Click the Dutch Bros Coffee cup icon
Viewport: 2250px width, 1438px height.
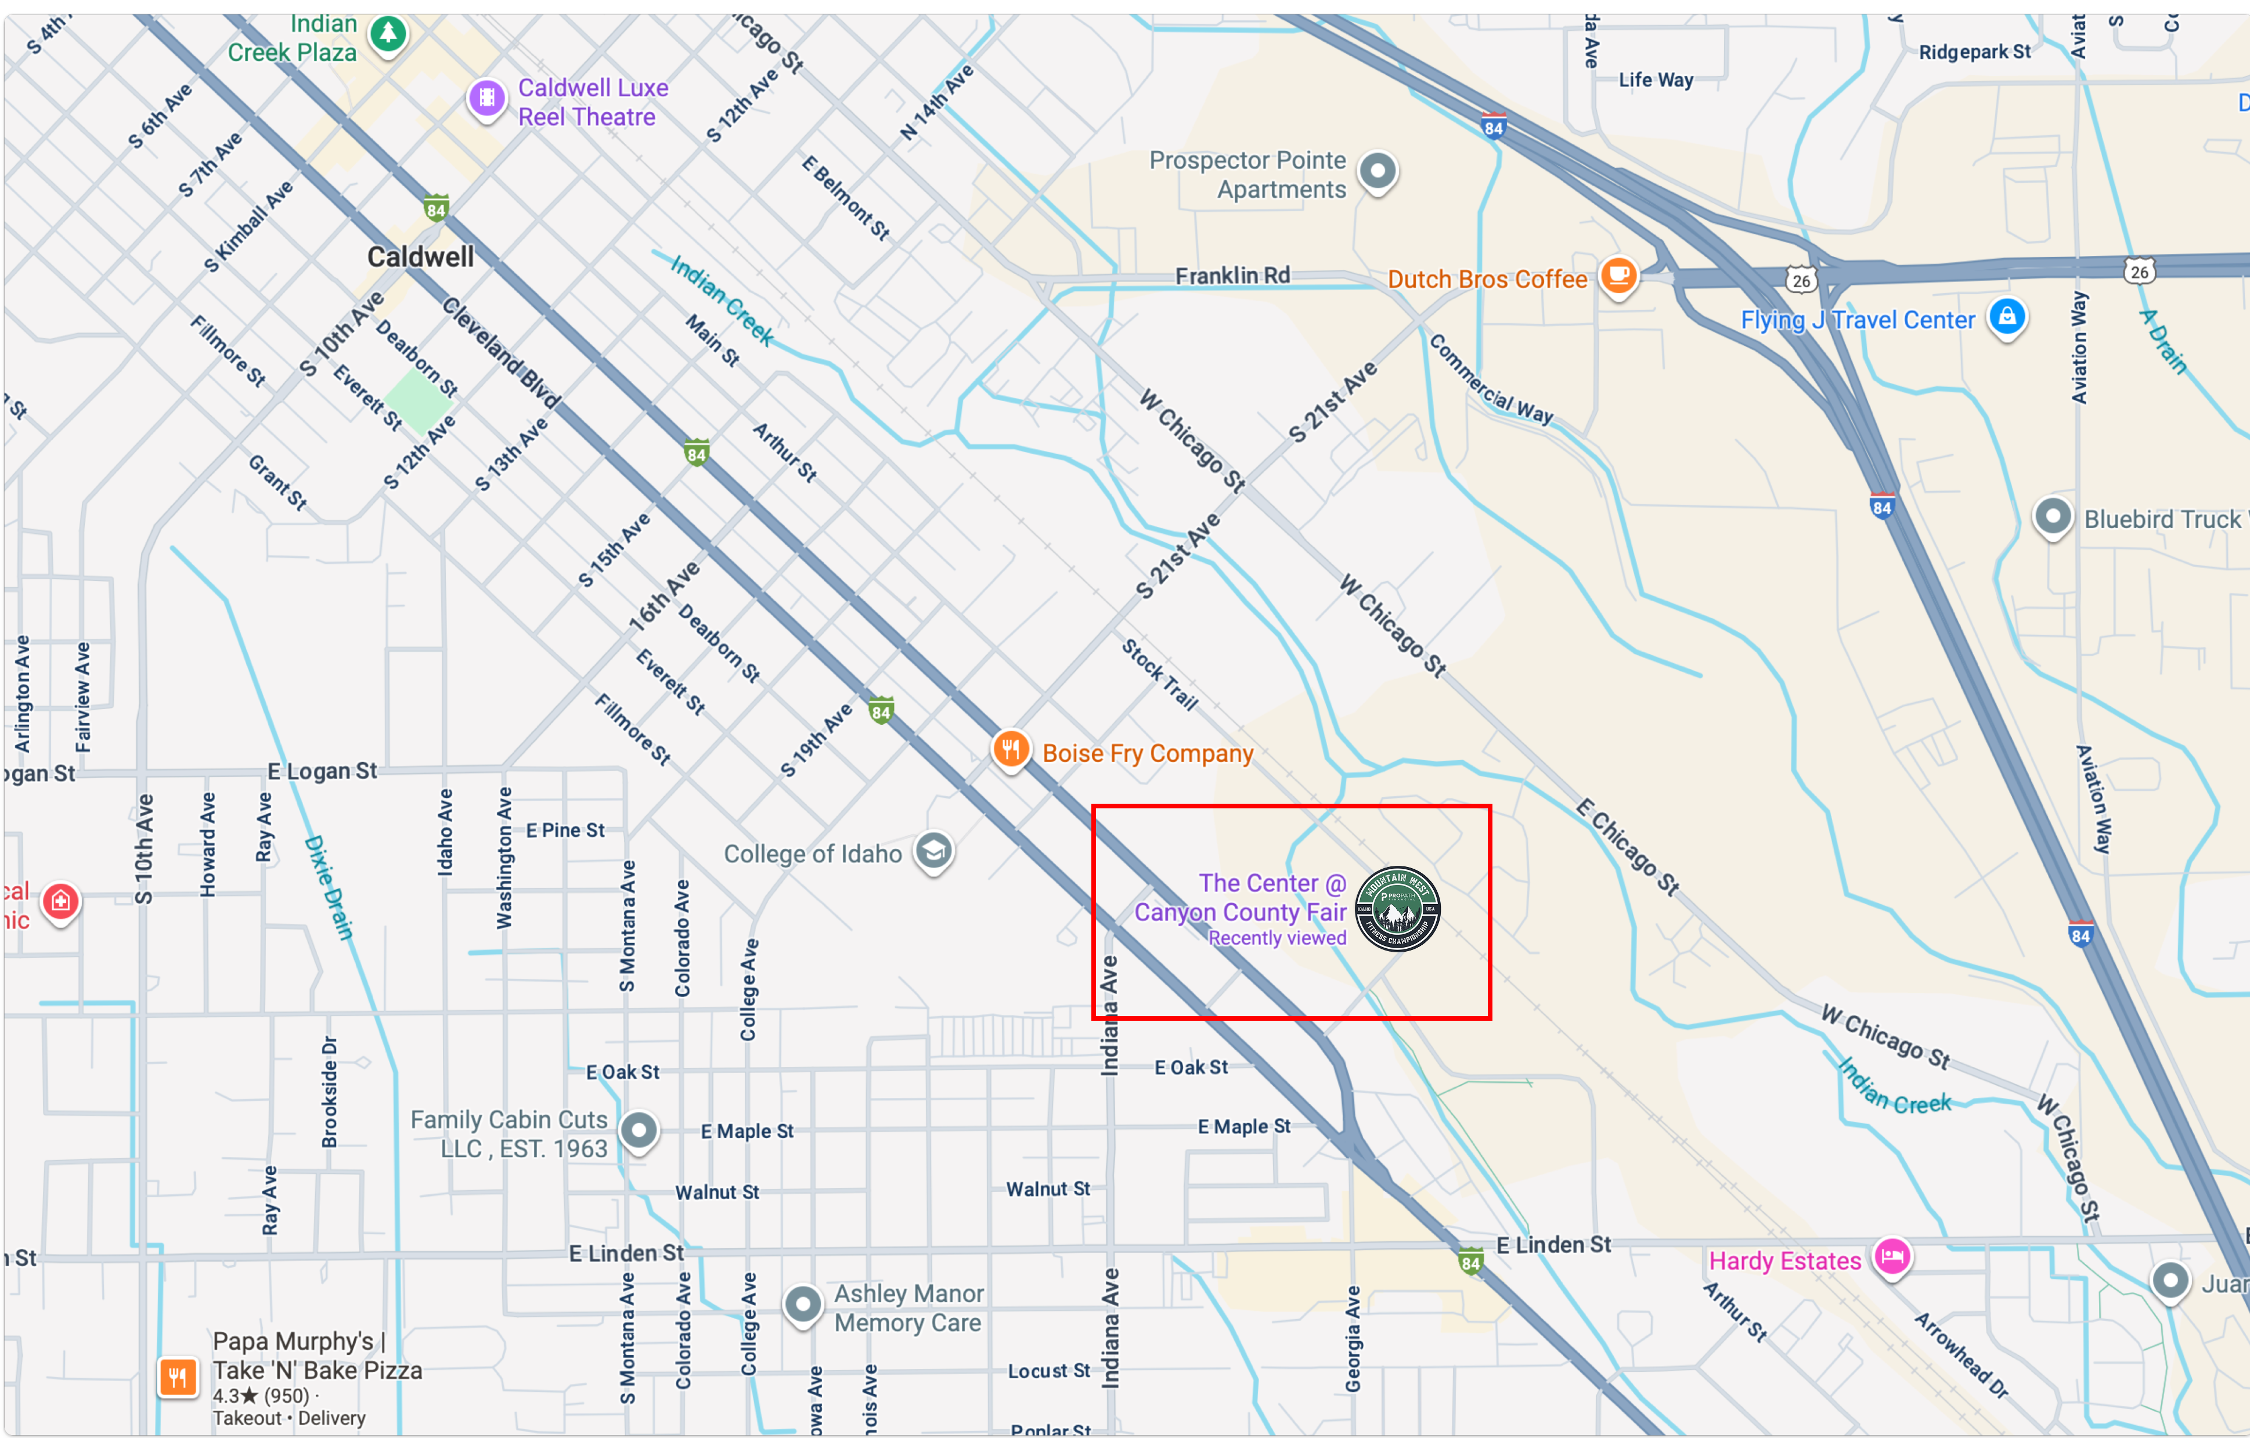(1618, 276)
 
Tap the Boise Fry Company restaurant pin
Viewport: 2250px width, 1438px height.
(1010, 749)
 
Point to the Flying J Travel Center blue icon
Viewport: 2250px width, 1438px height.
(2006, 317)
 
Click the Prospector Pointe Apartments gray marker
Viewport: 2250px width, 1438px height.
(1378, 172)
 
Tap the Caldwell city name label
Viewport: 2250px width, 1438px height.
(420, 257)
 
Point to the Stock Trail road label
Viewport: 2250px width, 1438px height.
(1159, 675)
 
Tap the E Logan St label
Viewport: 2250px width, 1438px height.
(322, 771)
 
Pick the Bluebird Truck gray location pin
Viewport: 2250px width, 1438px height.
(2052, 516)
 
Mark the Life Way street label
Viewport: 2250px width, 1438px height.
(1655, 80)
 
